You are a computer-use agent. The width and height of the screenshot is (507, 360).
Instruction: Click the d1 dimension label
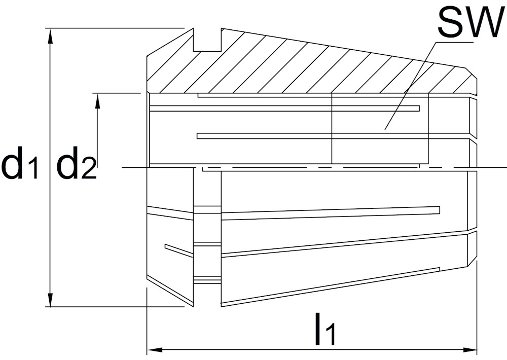20,163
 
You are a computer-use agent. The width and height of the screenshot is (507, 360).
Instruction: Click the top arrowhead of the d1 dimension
50,35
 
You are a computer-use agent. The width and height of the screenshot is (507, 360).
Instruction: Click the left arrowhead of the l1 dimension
155,350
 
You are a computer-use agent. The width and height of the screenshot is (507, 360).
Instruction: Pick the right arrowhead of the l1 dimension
470,350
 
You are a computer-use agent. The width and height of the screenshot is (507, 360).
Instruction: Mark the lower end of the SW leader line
385,129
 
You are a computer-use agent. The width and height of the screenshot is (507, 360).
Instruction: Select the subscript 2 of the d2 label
89,168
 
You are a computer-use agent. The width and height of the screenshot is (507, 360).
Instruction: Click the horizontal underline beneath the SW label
454,42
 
